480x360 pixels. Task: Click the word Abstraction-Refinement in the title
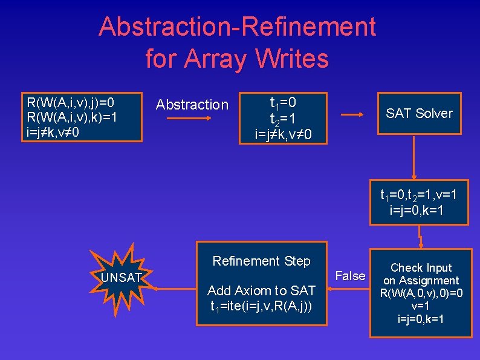(237, 27)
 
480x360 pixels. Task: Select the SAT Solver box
(419, 113)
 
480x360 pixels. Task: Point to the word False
(351, 276)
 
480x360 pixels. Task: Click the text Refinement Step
(261, 261)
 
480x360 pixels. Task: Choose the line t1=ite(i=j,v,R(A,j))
(261, 306)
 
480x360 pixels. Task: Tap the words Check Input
(421, 267)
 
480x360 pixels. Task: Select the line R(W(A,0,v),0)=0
(421, 293)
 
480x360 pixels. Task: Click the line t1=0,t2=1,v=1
(418, 195)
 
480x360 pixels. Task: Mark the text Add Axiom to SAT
(261, 291)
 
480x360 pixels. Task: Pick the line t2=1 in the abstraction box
(283, 117)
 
